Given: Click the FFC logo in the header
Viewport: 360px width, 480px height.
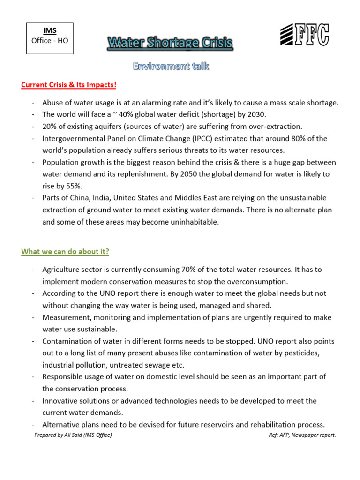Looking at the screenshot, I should tap(304, 35).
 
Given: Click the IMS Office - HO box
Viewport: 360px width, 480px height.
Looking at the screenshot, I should tap(49, 36).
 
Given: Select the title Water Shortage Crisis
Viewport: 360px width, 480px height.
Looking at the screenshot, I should tap(170, 44).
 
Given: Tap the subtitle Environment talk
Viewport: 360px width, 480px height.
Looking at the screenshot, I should tap(171, 67).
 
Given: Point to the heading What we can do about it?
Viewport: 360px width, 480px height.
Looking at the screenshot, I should tap(65, 252).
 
